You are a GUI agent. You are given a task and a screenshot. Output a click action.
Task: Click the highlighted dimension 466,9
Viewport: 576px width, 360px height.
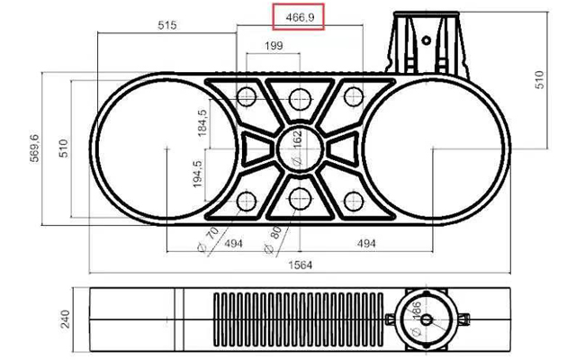[299, 17]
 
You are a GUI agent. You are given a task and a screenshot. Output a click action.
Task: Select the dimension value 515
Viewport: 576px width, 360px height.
[166, 25]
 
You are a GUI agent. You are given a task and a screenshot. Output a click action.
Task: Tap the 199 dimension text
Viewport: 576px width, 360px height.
[274, 46]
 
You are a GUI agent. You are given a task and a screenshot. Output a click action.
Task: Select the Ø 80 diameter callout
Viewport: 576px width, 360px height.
[273, 238]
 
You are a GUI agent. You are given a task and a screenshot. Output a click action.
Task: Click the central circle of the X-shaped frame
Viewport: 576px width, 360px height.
[297, 148]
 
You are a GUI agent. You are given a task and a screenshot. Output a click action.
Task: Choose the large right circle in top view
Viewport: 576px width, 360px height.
[436, 148]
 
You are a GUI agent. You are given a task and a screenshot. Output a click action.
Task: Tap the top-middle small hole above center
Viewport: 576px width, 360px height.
[297, 96]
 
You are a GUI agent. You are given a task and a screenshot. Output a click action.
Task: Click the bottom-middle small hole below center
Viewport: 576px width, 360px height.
[297, 199]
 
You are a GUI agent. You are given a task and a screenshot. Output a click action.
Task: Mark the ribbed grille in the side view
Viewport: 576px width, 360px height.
[297, 320]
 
